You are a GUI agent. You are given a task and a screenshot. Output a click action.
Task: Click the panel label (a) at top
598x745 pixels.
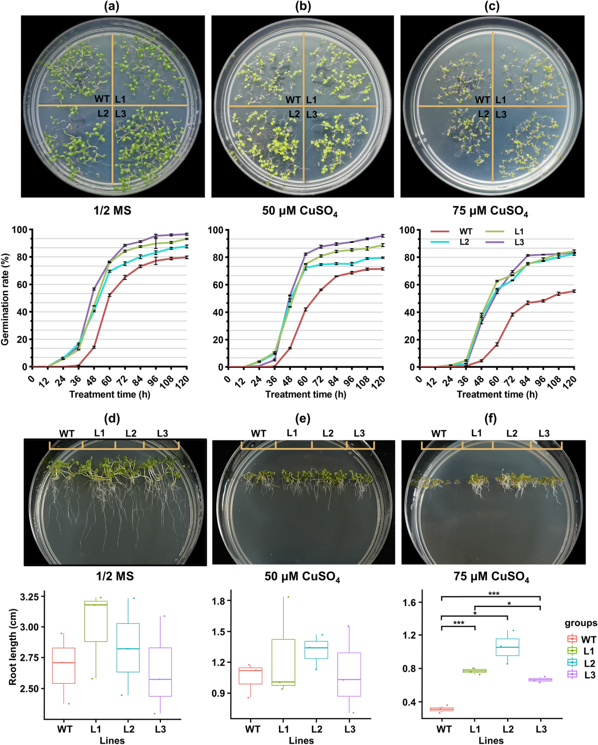click(x=112, y=6)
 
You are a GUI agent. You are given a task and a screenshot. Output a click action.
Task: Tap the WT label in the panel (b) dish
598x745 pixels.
click(x=293, y=100)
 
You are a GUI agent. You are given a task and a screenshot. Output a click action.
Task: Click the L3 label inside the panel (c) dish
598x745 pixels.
click(x=501, y=114)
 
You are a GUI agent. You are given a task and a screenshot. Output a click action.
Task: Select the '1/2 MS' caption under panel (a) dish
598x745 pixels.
click(x=113, y=211)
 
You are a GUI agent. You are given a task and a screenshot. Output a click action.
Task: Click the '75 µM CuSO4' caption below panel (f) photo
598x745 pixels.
click(x=491, y=577)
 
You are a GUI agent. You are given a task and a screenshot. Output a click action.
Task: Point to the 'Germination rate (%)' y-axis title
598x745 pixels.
click(x=5, y=298)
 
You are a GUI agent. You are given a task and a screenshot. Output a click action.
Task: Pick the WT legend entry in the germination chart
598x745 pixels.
click(x=465, y=231)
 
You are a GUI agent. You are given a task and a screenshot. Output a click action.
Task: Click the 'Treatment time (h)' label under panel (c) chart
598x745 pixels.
click(x=497, y=395)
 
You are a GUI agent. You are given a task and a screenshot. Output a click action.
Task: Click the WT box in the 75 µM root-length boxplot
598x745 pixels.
click(x=442, y=709)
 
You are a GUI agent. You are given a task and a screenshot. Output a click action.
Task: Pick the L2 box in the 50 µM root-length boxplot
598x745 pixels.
click(x=316, y=650)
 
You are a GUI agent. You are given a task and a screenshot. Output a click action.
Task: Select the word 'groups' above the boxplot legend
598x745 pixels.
click(x=581, y=623)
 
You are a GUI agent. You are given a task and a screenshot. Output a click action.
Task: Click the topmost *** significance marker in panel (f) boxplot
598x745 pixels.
click(x=493, y=594)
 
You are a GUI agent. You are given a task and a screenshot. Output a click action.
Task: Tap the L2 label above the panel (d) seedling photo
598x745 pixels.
click(x=131, y=434)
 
